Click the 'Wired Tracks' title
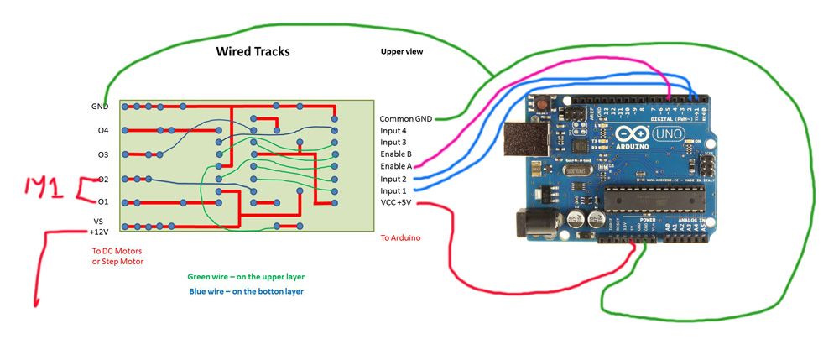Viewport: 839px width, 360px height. [253, 52]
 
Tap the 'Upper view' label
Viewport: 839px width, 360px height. [402, 52]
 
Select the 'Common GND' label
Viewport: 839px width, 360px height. [405, 119]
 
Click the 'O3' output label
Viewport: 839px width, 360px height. [102, 154]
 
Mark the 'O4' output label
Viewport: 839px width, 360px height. [102, 131]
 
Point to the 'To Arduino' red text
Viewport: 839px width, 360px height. [400, 238]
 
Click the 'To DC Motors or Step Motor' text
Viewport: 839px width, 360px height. [117, 256]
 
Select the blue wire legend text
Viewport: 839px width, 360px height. [246, 291]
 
